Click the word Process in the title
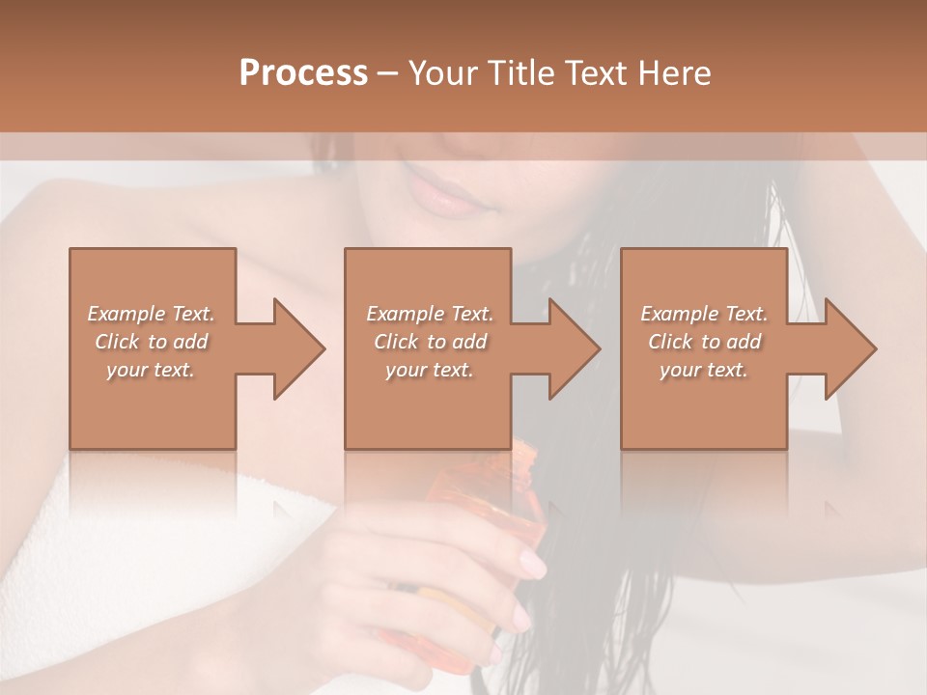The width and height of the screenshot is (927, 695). pos(303,73)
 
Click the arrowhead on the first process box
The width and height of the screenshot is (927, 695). pos(295,348)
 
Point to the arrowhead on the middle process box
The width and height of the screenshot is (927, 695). pos(571,348)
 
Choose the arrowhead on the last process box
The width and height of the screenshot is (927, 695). pos(847,348)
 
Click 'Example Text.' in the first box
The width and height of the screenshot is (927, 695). pos(151,314)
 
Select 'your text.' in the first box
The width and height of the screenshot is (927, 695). pos(151,370)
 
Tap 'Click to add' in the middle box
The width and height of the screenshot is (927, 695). pos(430,342)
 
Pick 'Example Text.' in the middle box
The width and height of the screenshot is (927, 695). pos(430,314)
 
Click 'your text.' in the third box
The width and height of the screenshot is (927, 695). pos(704,370)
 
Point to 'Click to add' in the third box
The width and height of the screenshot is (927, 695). pos(704,342)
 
